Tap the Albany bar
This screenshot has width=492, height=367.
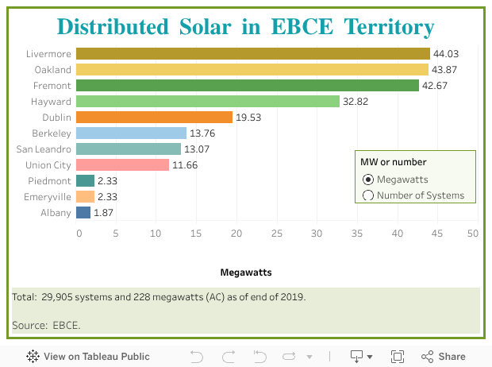83,213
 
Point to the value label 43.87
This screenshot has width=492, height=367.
446,70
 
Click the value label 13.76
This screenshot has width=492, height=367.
202,133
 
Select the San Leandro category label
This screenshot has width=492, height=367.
44,149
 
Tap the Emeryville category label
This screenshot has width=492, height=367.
47,197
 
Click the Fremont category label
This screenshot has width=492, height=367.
52,86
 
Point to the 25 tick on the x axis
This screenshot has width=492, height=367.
277,234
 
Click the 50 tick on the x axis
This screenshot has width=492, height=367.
473,234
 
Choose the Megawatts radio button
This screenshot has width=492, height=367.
367,180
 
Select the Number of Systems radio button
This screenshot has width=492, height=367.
367,195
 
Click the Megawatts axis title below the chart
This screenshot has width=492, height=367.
246,272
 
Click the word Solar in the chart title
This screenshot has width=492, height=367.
206,27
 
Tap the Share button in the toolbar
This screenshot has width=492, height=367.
444,357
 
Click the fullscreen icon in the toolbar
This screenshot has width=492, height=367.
398,357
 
